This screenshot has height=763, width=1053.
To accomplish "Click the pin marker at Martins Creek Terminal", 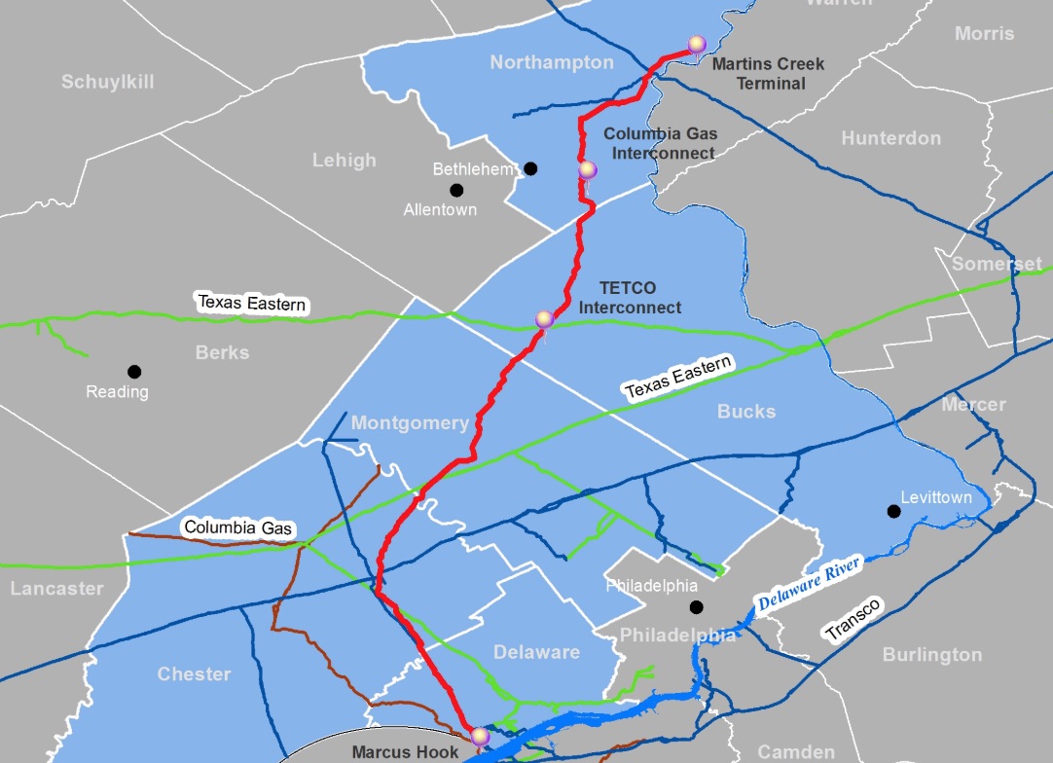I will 696,44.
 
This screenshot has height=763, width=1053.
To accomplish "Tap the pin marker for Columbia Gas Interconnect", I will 587,170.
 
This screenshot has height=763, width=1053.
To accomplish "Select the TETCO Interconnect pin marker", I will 545,319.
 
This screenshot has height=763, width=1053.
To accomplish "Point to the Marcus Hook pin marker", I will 479,737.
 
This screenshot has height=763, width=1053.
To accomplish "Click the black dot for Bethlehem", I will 530,168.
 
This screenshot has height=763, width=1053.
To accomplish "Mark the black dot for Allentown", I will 456,190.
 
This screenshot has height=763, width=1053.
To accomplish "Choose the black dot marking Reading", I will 134,371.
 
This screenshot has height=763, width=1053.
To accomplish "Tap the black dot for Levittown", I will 892,511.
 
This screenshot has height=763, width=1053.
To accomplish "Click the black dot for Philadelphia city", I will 696,607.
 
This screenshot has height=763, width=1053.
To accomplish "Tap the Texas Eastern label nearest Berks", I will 252,304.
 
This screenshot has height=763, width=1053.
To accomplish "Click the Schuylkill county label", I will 108,82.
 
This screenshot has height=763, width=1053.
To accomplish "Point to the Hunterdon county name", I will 890,138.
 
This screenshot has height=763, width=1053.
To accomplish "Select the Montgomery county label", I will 410,423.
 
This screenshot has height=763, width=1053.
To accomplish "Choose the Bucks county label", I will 746,412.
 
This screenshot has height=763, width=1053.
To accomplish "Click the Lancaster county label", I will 56,589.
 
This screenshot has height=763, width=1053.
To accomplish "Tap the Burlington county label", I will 931,655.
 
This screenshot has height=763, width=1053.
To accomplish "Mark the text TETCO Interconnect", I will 629,298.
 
